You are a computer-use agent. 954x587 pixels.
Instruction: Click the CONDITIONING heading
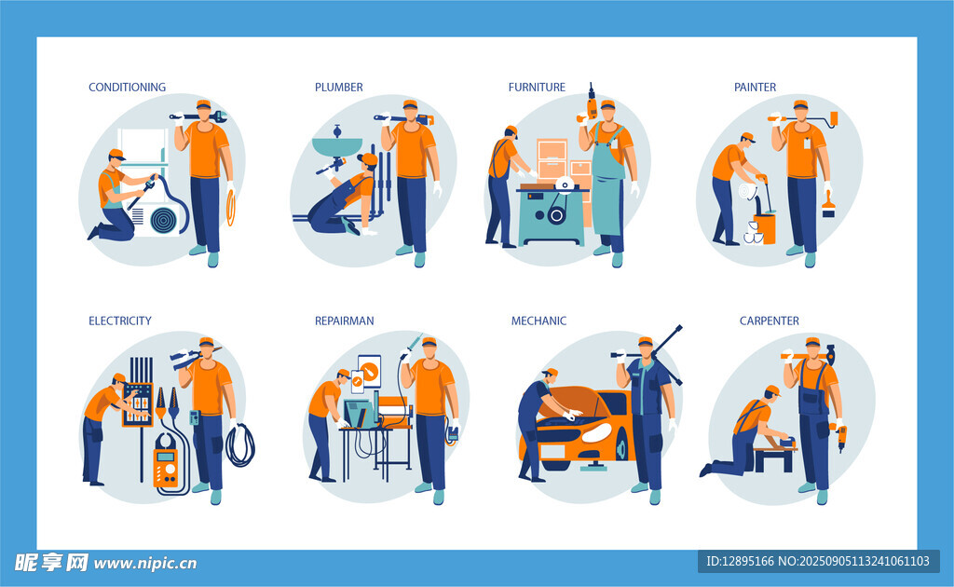(127, 87)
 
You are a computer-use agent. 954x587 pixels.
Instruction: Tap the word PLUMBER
(339, 87)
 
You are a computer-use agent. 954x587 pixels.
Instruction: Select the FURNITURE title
(537, 87)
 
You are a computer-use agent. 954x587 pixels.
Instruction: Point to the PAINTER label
(755, 87)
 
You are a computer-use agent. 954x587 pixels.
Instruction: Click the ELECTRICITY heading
(120, 321)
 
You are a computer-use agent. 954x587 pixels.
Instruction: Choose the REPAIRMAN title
(345, 321)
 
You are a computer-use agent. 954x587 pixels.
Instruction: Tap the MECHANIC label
(538, 321)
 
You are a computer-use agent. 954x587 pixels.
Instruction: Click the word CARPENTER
(769, 321)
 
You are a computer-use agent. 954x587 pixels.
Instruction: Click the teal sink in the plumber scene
(336, 146)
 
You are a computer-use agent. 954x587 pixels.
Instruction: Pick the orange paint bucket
(765, 228)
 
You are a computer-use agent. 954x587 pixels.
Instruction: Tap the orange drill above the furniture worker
(591, 103)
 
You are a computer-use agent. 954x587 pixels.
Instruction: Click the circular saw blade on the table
(565, 184)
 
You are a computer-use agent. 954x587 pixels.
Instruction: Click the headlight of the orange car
(596, 433)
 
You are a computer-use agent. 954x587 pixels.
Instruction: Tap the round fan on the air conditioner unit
(164, 220)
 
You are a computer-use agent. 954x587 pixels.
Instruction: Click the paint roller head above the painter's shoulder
(834, 118)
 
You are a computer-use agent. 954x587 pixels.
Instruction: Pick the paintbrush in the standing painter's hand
(827, 204)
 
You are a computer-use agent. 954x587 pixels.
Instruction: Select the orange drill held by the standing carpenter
(841, 438)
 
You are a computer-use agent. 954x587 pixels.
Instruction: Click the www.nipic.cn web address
(145, 564)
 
